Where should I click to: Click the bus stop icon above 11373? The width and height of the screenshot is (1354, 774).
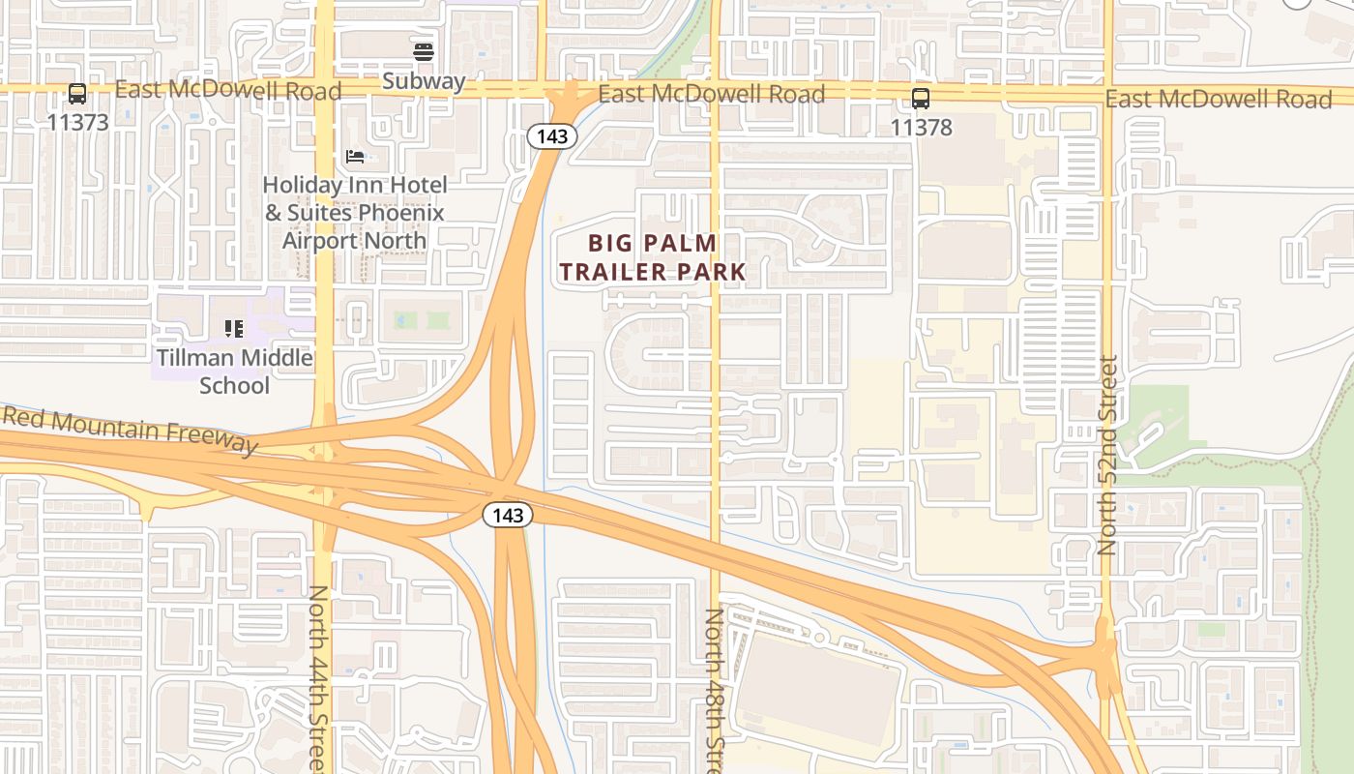77,95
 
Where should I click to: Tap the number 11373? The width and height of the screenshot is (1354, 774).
77,123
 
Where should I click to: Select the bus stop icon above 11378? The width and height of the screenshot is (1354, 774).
921,98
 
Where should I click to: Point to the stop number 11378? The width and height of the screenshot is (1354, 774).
921,127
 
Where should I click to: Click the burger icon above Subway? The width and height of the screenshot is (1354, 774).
423,51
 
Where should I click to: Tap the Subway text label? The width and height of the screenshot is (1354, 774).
424,81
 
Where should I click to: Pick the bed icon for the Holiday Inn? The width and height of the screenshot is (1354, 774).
355,156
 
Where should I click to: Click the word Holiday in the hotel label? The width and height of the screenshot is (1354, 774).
302,185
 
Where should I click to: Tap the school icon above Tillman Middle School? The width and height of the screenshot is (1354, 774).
233,329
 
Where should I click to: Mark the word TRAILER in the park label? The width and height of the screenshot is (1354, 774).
607,273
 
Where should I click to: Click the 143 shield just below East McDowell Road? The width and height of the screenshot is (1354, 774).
552,136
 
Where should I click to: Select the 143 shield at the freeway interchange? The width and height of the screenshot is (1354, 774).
508,516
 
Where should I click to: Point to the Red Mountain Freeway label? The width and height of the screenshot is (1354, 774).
130,432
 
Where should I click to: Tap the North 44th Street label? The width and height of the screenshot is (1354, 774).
320,677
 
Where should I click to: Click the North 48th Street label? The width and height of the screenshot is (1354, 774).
714,689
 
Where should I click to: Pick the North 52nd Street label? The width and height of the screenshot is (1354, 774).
1108,455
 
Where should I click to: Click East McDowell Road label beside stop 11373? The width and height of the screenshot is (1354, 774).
228,91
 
